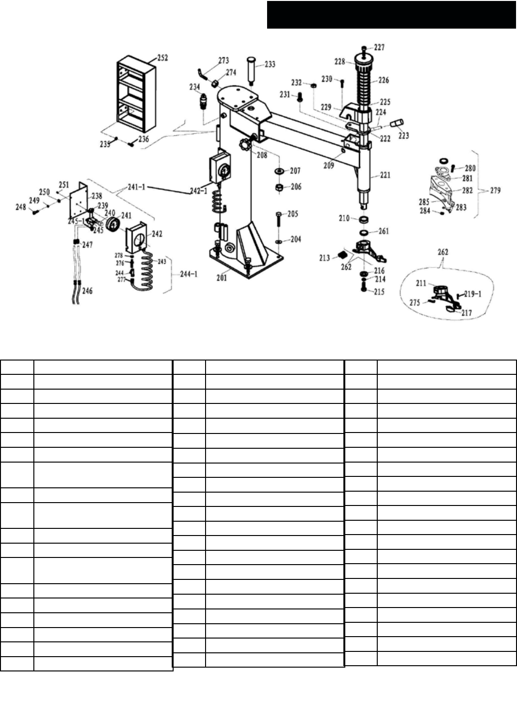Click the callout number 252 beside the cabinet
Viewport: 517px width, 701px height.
coord(162,58)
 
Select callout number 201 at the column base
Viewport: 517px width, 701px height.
coord(222,278)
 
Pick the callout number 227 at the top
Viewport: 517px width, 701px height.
coord(379,47)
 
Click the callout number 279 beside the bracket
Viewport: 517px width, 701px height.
coord(496,190)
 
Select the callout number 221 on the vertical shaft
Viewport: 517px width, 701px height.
coord(385,175)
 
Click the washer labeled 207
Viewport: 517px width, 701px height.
coord(279,171)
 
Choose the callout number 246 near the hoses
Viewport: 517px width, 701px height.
coord(87,290)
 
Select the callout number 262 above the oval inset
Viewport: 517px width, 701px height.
coord(443,252)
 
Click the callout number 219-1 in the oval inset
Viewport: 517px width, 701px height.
coord(472,294)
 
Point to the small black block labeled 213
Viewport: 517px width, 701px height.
coord(341,253)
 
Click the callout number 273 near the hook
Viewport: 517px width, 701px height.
coord(224,61)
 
